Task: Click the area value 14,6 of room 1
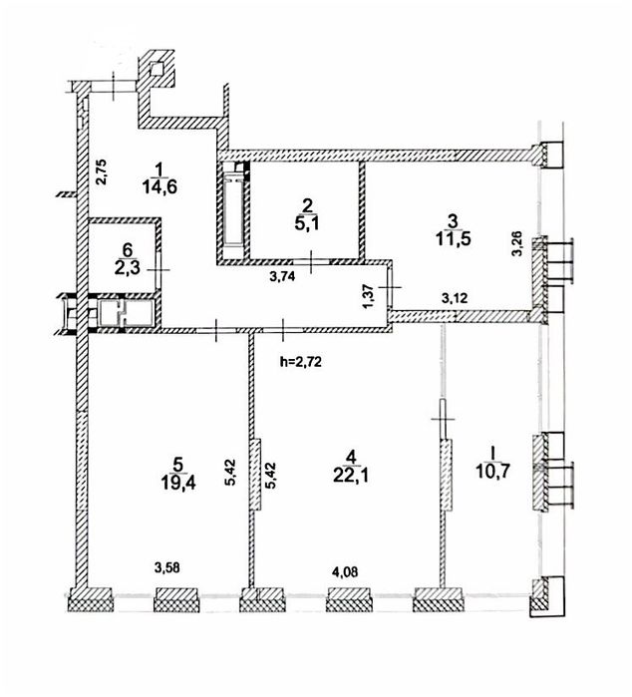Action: tap(160, 187)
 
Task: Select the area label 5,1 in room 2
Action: tap(307, 223)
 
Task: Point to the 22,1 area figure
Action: tap(351, 476)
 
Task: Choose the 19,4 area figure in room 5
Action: tap(177, 483)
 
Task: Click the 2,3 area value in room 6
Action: tap(128, 268)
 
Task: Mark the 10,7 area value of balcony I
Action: tap(492, 471)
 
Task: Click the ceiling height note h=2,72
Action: tap(301, 362)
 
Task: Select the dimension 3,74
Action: tap(282, 277)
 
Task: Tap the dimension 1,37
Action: tap(368, 294)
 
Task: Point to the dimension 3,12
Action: tap(455, 298)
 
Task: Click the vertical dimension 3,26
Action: tap(517, 244)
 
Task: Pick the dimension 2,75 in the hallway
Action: tap(102, 173)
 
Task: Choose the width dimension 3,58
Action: tap(167, 567)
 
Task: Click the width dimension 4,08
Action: tap(344, 571)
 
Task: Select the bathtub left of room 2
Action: tap(233, 209)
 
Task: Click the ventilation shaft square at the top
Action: tap(157, 69)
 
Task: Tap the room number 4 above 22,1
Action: tap(351, 457)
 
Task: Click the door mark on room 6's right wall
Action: tap(158, 269)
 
